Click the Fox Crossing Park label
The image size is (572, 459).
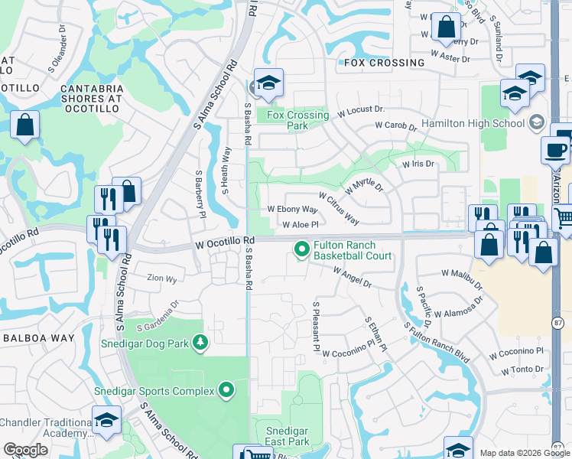click(297, 120)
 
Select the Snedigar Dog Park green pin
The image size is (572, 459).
click(200, 342)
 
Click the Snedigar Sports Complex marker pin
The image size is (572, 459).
click(226, 391)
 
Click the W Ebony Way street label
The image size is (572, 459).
click(292, 209)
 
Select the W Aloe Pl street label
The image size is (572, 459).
click(300, 225)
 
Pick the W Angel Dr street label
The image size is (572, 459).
click(351, 276)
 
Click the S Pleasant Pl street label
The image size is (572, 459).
click(315, 326)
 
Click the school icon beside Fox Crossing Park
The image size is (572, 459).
click(268, 84)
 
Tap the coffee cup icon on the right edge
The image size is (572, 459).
click(556, 150)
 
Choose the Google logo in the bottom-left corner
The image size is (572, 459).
click(25, 450)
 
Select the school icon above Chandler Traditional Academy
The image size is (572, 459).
click(106, 421)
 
